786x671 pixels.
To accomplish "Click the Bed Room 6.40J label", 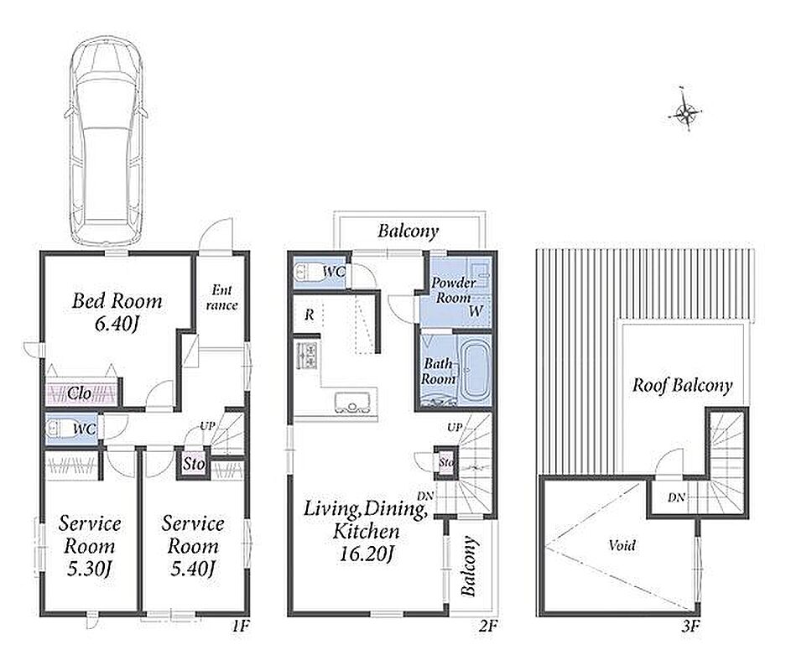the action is (x=117, y=312).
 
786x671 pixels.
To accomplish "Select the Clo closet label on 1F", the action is (x=79, y=393).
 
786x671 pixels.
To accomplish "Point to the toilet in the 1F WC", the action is (x=59, y=429).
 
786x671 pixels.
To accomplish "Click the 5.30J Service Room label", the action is (x=90, y=546).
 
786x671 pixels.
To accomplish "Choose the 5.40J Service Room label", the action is (x=192, y=546).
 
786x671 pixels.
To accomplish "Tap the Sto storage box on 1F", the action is (x=194, y=464).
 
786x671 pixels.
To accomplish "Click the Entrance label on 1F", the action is (x=221, y=297).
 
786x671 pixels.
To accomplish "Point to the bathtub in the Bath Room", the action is (x=473, y=372).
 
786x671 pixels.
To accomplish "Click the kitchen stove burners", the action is (x=307, y=355).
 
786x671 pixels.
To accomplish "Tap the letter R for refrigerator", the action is (x=310, y=315).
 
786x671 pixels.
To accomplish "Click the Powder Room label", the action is (x=453, y=290).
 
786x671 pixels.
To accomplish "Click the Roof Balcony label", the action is (x=682, y=385).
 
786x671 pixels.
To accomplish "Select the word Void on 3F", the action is (x=622, y=544).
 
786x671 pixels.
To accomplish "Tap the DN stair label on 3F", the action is (x=676, y=497).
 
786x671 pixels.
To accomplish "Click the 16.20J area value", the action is (x=367, y=554).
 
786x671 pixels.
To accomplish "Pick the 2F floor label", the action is (x=487, y=626).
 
